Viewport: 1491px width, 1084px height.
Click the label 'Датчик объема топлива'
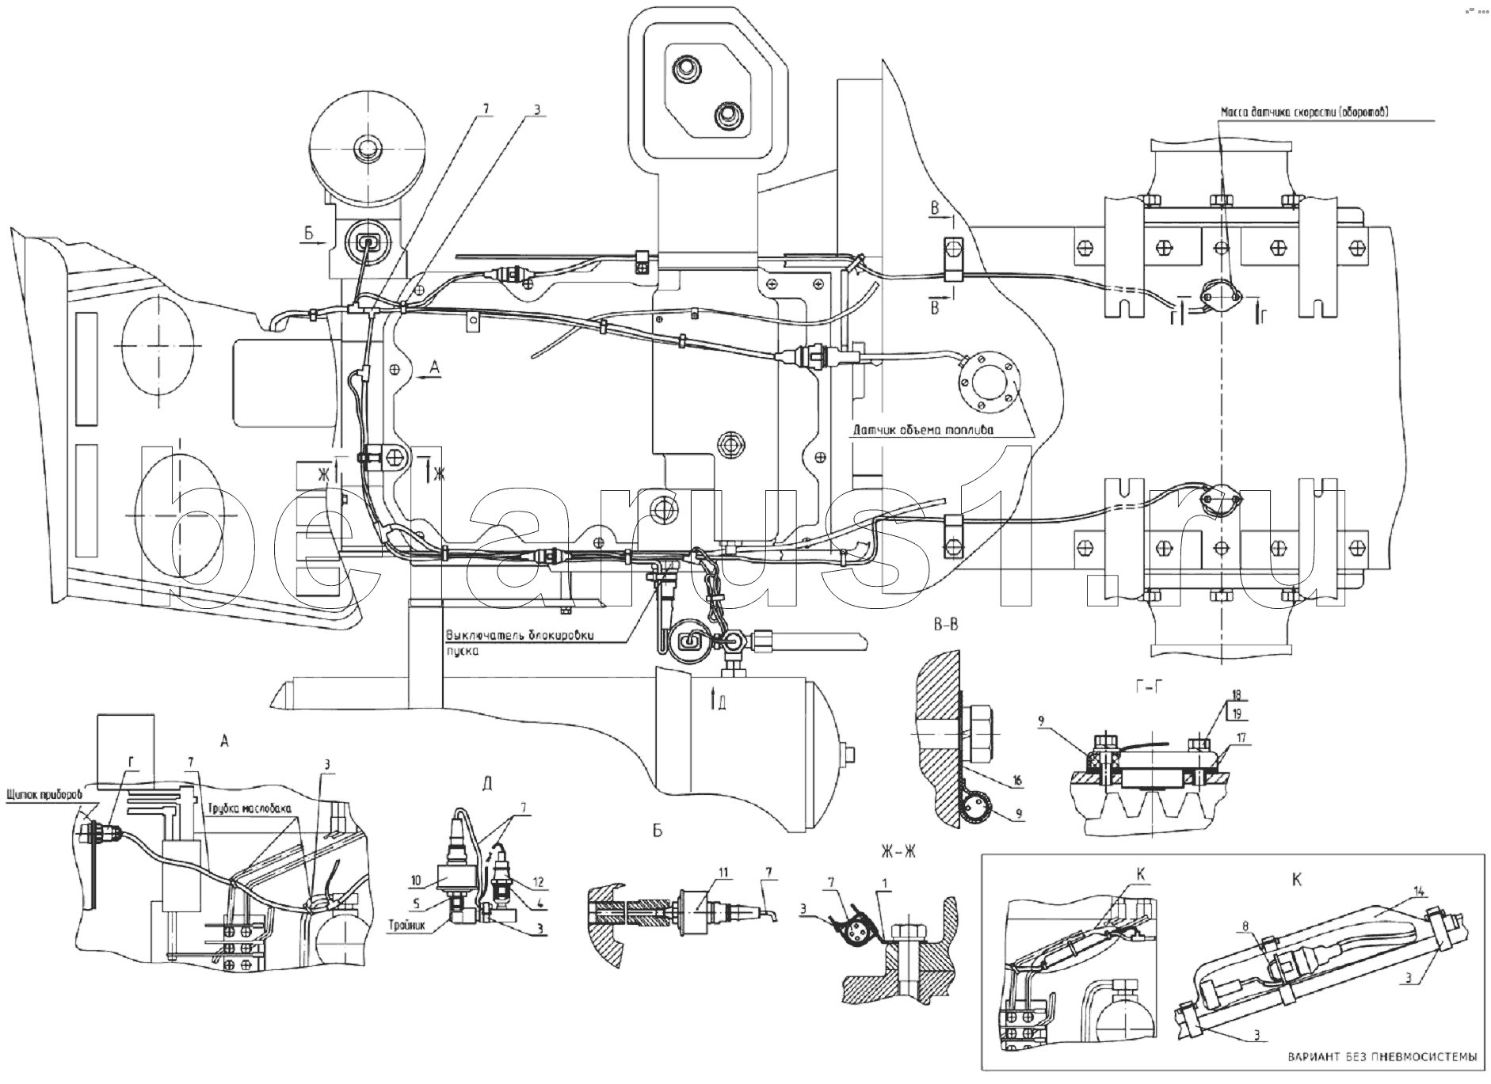[923, 432]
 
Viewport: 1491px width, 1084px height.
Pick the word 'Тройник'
[410, 924]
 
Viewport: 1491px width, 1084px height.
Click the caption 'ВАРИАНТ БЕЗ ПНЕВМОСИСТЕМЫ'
[1381, 1057]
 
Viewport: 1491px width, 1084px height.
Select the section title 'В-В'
[943, 625]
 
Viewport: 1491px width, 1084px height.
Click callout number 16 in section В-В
[1016, 782]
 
